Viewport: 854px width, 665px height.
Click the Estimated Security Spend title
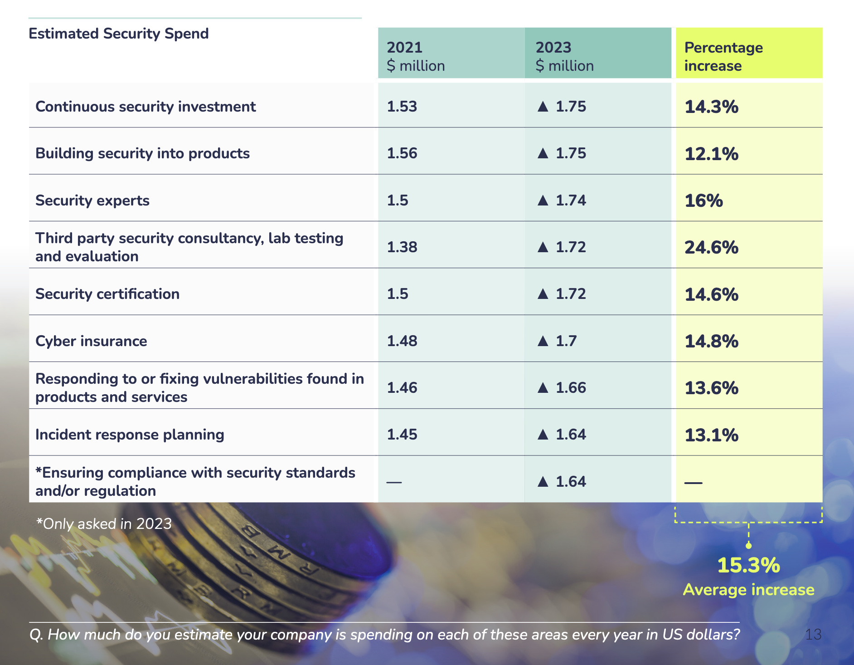(118, 34)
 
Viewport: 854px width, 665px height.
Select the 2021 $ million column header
(415, 56)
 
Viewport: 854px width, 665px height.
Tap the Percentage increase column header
(723, 56)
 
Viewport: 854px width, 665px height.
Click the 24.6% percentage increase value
(711, 248)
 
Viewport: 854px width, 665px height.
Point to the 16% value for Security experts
(704, 200)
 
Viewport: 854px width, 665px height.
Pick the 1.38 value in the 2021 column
(402, 247)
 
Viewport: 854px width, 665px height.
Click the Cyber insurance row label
(91, 341)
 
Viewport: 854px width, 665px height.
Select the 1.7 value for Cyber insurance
(566, 341)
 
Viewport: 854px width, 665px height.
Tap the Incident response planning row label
(130, 435)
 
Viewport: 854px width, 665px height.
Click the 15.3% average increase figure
(748, 566)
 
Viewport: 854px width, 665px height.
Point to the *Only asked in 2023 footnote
(104, 524)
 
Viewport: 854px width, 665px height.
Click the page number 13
(813, 634)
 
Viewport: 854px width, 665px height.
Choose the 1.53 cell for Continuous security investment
(402, 107)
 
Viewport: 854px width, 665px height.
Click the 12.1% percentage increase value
(711, 154)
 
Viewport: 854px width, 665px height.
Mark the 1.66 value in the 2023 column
(571, 388)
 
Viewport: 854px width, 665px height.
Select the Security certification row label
(107, 294)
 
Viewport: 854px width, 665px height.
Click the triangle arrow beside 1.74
(543, 200)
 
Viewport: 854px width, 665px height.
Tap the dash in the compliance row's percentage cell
(693, 483)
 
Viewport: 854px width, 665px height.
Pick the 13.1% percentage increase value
(711, 435)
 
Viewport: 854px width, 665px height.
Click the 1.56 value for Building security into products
(402, 153)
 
